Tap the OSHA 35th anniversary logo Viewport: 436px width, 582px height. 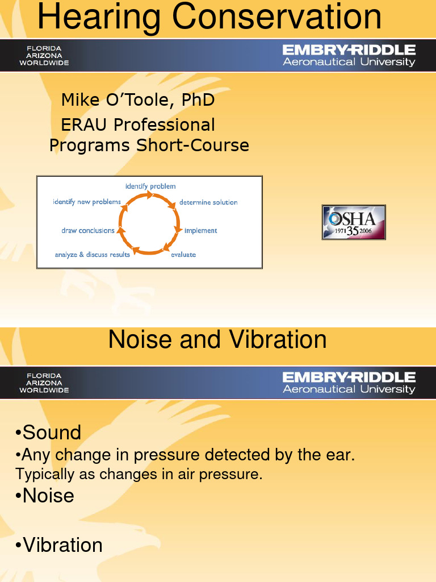tap(354, 222)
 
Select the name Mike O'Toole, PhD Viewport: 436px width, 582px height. tap(137, 100)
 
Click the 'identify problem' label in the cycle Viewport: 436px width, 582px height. tap(150, 186)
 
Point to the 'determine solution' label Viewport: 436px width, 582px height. tap(208, 202)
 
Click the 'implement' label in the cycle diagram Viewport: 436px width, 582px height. tap(200, 231)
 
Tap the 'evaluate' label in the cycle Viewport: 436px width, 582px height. tap(183, 255)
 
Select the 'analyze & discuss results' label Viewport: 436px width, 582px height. tap(92, 255)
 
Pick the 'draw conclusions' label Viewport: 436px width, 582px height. tap(88, 231)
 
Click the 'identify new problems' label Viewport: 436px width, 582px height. tap(87, 202)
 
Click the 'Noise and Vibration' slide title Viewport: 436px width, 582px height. tap(217, 340)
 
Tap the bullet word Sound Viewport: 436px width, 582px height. tap(51, 433)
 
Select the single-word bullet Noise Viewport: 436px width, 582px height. tap(48, 496)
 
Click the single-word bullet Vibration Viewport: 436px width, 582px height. tap(62, 545)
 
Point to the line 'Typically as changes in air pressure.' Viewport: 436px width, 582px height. tap(139, 474)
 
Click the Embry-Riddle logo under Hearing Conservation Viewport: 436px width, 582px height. tap(349, 56)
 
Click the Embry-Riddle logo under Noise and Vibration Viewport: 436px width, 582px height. tap(349, 383)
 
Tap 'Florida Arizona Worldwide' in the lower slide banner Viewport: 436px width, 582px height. tap(44, 383)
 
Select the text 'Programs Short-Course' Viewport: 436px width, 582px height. tap(149, 145)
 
